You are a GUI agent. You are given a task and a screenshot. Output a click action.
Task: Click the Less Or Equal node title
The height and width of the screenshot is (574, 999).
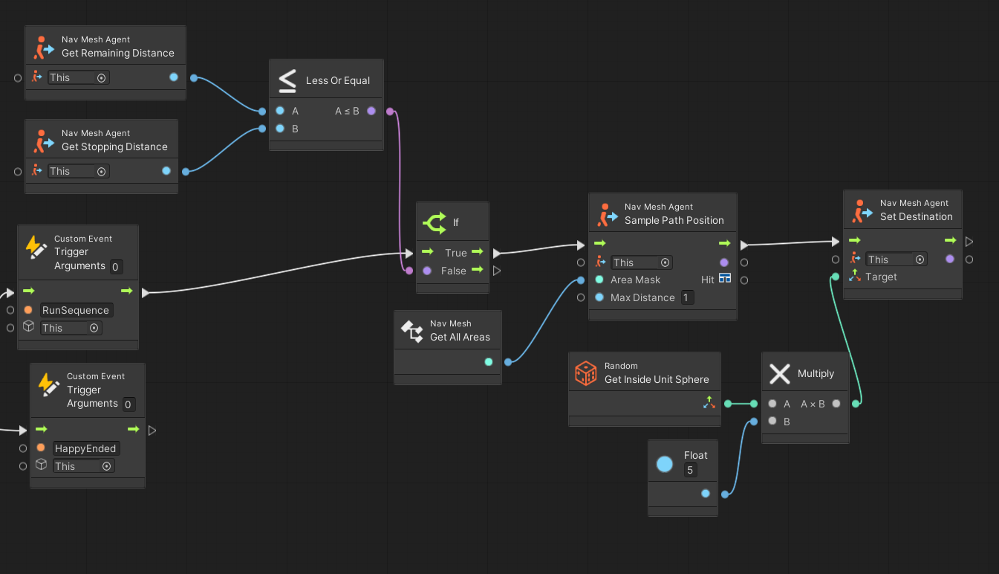(x=338, y=80)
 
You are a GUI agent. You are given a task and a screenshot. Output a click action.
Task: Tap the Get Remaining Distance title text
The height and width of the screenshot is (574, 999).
(x=118, y=54)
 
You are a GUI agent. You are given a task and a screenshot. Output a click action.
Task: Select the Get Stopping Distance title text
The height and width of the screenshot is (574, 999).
(x=114, y=147)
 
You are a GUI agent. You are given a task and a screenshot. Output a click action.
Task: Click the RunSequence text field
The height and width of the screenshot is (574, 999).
(x=76, y=310)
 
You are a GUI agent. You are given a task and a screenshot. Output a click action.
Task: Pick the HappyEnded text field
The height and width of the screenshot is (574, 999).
(x=85, y=448)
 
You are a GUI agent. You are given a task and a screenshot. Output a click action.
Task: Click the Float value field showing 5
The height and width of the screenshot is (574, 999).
(x=691, y=471)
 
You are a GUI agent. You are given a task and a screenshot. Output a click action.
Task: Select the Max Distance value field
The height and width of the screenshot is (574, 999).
(x=686, y=297)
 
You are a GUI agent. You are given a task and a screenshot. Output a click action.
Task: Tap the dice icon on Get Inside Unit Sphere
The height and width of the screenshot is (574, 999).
(x=586, y=373)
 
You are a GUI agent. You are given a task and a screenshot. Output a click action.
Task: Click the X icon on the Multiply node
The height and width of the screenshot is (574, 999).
(x=779, y=373)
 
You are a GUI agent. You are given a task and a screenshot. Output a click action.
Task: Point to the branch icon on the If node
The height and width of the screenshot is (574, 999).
(x=435, y=222)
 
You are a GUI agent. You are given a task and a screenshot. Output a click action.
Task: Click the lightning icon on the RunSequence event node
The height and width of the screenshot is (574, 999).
(x=36, y=247)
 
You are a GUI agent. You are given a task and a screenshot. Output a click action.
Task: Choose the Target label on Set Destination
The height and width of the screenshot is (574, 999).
(x=881, y=277)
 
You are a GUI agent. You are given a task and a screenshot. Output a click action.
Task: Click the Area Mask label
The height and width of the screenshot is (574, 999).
(x=635, y=280)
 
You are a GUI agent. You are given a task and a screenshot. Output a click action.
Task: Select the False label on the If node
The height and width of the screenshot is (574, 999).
(x=453, y=271)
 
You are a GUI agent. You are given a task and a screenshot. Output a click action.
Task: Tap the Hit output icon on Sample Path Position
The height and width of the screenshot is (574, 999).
(x=725, y=279)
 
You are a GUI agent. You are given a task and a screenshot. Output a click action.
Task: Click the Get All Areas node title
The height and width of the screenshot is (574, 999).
(x=460, y=337)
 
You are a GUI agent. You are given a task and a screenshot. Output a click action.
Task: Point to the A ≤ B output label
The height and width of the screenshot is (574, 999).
(x=347, y=111)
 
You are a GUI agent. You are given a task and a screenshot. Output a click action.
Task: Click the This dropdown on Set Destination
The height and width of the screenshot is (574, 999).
(x=896, y=259)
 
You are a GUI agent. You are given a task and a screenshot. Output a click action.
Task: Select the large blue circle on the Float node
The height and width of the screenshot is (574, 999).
(x=665, y=465)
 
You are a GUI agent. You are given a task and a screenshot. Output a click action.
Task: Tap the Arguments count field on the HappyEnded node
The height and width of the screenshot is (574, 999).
(x=128, y=404)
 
